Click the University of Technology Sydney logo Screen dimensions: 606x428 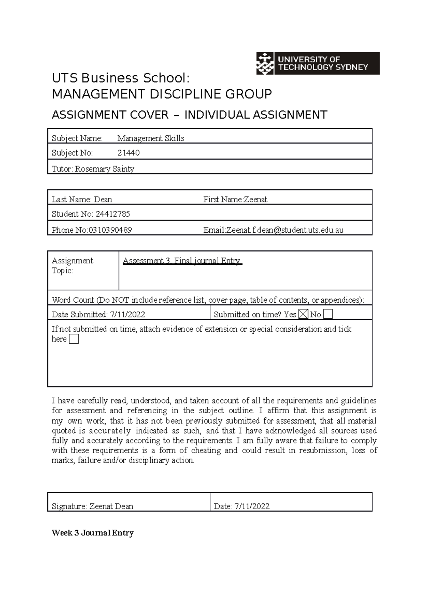[317, 63]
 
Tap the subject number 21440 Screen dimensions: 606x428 [128, 153]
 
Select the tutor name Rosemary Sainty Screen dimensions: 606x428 [105, 169]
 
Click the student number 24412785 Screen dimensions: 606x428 [113, 214]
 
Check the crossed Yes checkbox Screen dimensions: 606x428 [303, 314]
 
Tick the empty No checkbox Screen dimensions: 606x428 [327, 314]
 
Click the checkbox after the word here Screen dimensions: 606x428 [73, 339]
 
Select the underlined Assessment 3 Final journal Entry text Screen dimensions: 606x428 [182, 261]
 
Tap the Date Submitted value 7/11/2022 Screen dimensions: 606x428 [127, 315]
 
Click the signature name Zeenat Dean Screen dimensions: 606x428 [111, 506]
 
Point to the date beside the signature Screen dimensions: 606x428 [252, 506]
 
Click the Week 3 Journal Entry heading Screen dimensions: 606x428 [92, 533]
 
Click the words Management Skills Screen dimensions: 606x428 [151, 138]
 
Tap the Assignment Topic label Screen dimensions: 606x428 [72, 266]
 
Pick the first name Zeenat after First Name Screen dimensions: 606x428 [255, 200]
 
